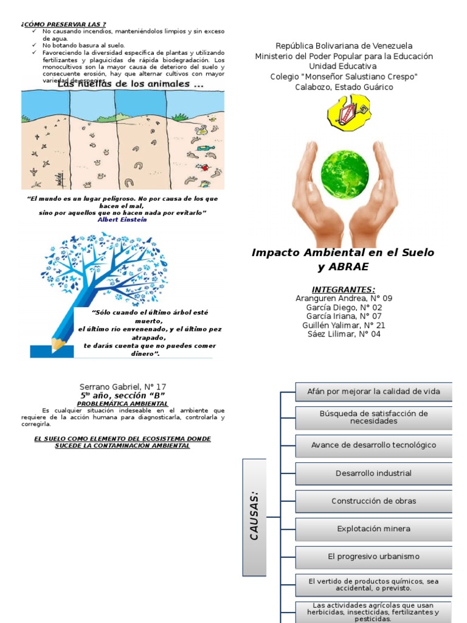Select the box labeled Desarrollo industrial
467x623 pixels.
pyautogui.click(x=373, y=473)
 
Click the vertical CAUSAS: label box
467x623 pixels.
pyautogui.click(x=255, y=517)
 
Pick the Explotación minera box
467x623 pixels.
pyautogui.click(x=373, y=529)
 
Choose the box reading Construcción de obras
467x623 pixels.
pyautogui.click(x=373, y=501)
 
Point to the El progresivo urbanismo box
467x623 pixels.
pyautogui.click(x=373, y=557)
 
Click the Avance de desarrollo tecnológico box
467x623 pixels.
pyautogui.click(x=373, y=445)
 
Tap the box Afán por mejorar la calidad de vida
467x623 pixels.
pyautogui.click(x=373, y=392)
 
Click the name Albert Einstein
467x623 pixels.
pyautogui.click(x=122, y=220)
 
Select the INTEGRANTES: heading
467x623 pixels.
pyautogui.click(x=344, y=290)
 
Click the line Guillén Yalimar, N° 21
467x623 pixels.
pyautogui.click(x=344, y=325)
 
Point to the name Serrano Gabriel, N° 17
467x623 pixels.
pyautogui.click(x=123, y=387)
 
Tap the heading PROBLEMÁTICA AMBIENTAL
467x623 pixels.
pyautogui.click(x=123, y=403)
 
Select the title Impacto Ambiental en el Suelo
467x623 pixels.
pyautogui.click(x=343, y=252)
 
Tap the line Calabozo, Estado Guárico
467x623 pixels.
pyautogui.click(x=344, y=87)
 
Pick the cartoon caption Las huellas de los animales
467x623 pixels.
pyautogui.click(x=130, y=85)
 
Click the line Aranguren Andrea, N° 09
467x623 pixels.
pyautogui.click(x=344, y=299)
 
